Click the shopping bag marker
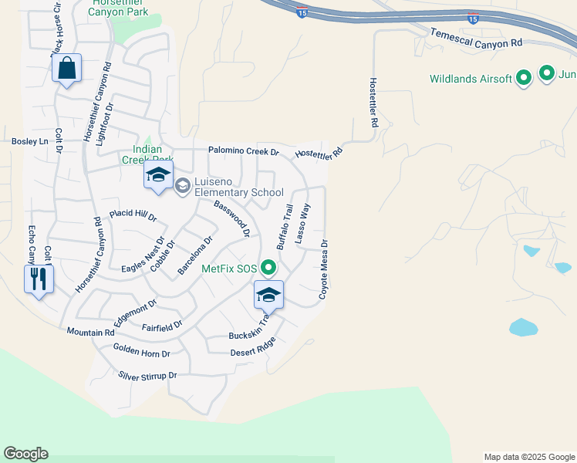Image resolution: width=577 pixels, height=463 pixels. pos(67,69)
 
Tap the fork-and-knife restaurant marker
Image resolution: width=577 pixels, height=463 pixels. pos(39,279)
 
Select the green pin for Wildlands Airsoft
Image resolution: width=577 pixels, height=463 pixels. pos(524,78)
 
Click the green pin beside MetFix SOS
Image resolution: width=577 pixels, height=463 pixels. pos(268,269)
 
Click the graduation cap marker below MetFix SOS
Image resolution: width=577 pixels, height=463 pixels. pos(268,296)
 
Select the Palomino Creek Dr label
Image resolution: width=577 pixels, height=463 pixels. pos(243,150)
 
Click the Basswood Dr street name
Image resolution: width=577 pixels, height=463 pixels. pos(232,218)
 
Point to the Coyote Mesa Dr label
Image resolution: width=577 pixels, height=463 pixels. pos(324,269)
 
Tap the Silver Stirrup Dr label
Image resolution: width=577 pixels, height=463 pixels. pos(147,376)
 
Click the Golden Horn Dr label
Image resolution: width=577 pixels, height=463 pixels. pos(141,353)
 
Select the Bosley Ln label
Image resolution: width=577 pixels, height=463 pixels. pos(29,142)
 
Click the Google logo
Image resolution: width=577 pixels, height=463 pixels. pos(25,453)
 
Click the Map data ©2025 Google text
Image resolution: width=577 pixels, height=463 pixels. pos(528,457)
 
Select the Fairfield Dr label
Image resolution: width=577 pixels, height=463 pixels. pos(162,326)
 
